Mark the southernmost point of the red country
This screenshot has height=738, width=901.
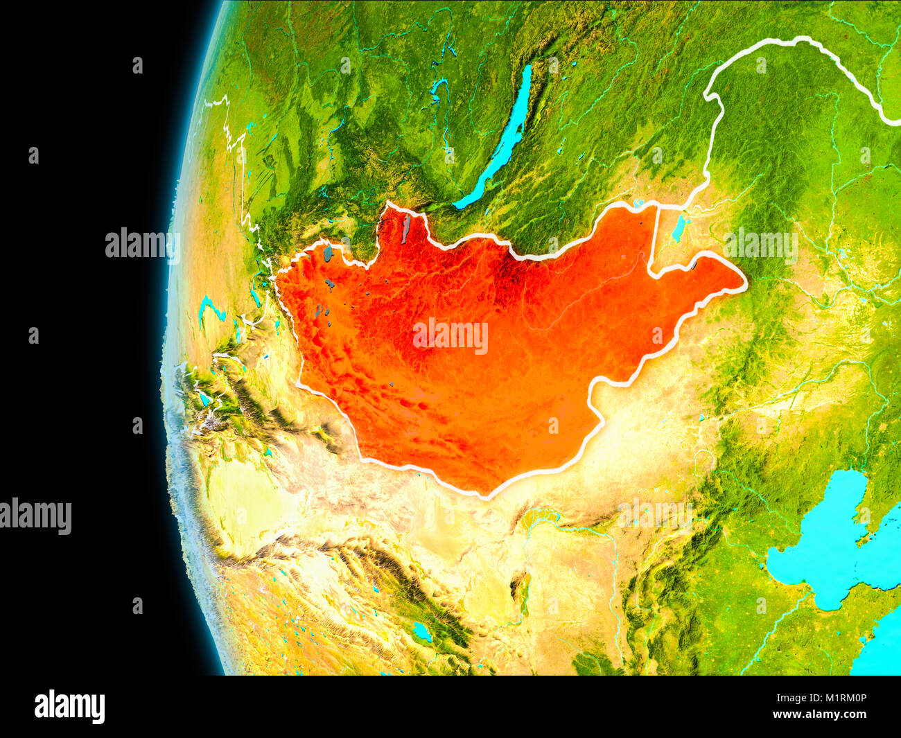coord(485,495)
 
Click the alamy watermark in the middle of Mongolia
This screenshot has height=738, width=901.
coord(450,336)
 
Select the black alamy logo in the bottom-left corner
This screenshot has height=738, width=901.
coord(69,706)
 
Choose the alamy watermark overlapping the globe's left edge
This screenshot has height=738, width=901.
coord(142,244)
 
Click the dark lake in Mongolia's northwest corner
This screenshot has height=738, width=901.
coord(327,254)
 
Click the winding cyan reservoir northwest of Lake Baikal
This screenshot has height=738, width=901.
coord(438,88)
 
